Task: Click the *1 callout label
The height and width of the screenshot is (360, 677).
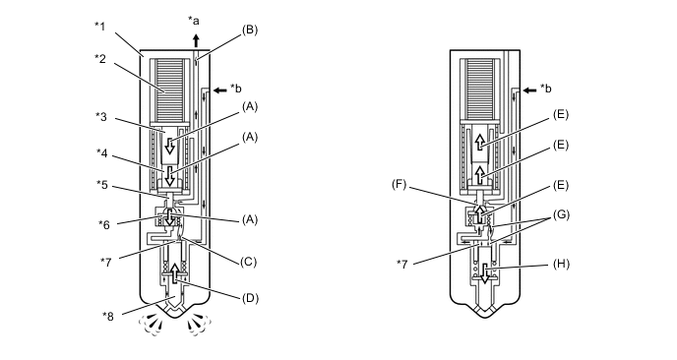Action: (99, 27)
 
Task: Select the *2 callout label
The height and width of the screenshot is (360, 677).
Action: (100, 58)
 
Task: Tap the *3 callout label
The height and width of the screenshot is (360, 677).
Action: (101, 116)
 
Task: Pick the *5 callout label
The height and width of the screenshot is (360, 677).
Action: (102, 185)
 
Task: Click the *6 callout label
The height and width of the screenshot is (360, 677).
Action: (104, 224)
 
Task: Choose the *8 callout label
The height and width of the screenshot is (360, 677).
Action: (108, 317)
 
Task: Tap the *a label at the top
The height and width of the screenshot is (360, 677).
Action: (194, 21)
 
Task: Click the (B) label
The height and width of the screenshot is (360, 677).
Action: (250, 30)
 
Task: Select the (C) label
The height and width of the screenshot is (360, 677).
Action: (248, 262)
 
